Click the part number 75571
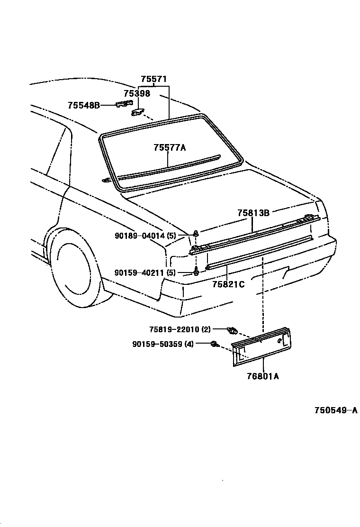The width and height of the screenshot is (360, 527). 153,79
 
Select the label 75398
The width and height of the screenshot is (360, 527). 137,93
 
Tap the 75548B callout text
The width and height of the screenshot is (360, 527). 83,105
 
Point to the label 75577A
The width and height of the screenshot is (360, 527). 169,147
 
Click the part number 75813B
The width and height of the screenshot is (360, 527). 253,213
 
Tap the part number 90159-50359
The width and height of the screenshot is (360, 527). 156,344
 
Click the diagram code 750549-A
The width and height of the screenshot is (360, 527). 336,410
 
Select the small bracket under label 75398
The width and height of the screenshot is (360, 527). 136,112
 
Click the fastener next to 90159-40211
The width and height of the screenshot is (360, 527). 196,272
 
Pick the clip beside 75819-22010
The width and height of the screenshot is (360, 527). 232,329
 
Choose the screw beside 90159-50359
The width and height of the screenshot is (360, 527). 214,344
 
